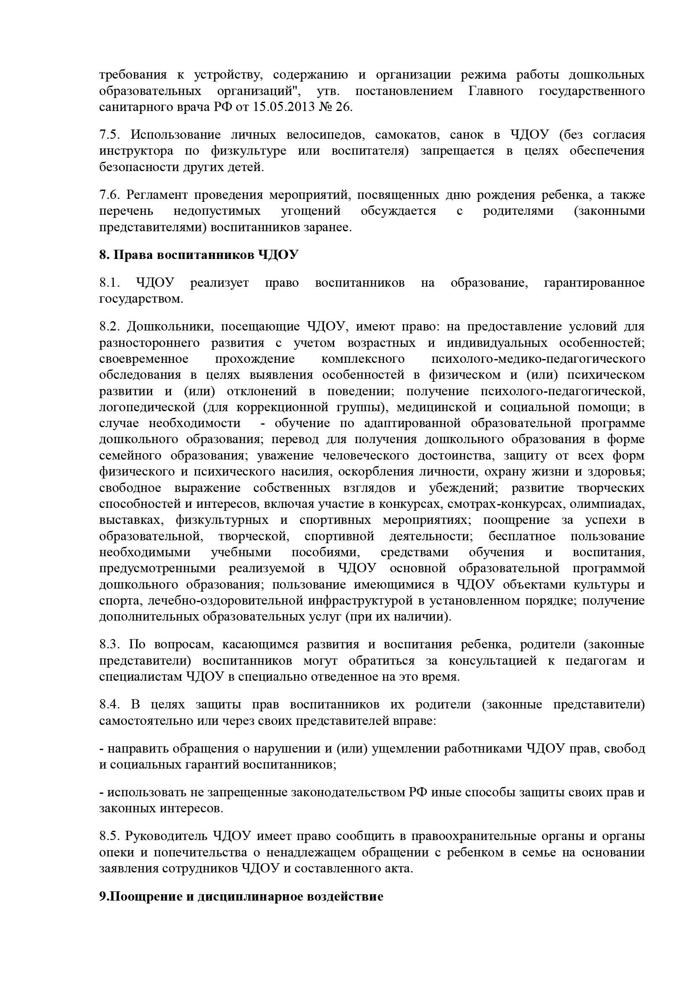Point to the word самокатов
407,135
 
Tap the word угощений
311,211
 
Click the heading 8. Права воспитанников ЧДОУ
199,255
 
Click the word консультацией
492,661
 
